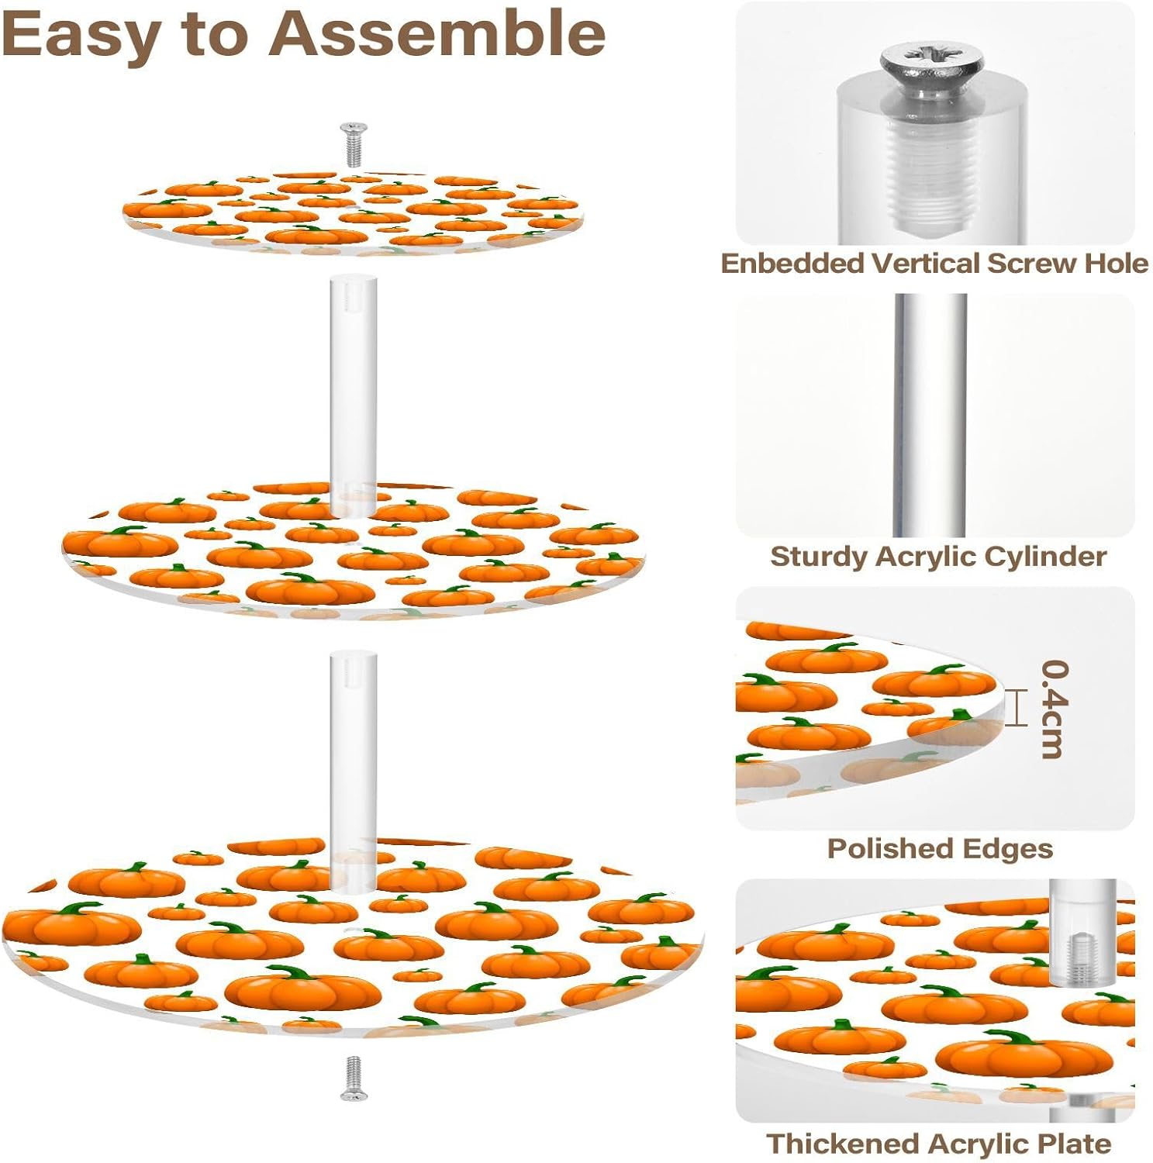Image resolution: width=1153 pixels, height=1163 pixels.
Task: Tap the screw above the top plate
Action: click(354, 143)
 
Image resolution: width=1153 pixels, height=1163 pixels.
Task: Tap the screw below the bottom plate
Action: click(354, 1077)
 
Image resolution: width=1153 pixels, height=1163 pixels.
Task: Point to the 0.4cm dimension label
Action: click(1054, 709)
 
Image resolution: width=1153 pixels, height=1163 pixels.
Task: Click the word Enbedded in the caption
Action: click(792, 264)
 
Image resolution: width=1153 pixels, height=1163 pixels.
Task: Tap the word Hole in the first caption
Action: click(1116, 264)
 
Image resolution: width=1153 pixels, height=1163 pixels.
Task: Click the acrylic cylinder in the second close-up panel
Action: click(930, 415)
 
